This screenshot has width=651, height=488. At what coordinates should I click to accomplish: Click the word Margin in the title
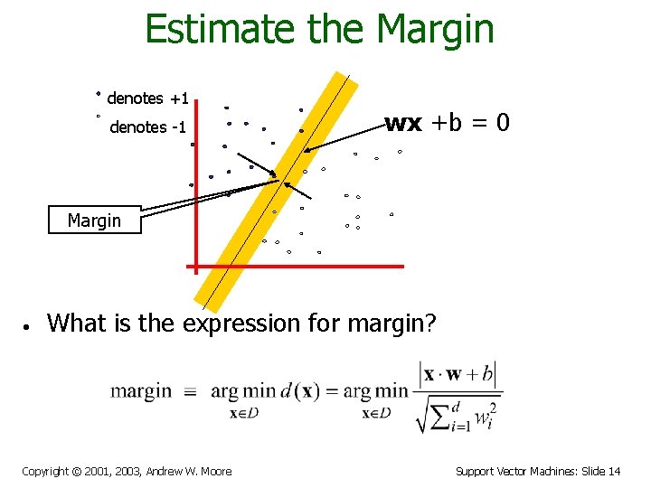coord(436,29)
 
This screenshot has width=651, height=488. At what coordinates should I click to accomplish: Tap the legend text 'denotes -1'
coord(147,127)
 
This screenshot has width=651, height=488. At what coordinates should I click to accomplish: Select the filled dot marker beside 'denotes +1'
coord(99,93)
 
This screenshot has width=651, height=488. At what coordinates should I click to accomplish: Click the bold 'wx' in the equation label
coord(403,123)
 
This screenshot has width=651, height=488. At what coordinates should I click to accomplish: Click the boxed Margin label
coord(95,221)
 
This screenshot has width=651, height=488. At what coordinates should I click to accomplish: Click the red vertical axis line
coord(193,181)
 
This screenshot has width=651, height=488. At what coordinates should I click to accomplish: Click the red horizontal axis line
coord(298,267)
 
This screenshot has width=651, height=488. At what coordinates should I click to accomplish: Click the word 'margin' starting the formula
coord(140,391)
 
